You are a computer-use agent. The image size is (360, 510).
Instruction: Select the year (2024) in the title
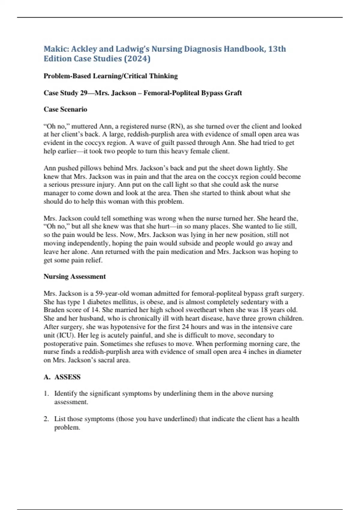tap(137, 58)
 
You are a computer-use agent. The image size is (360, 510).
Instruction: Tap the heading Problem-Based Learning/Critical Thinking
tap(110, 76)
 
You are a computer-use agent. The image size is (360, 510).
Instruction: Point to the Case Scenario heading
tap(65, 109)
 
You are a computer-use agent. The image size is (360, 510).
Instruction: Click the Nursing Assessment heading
tap(75, 276)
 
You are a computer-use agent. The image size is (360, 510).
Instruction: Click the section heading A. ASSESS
tap(62, 377)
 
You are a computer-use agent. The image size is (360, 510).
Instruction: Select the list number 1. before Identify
tap(46, 394)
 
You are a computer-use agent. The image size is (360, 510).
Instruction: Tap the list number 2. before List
tap(46, 419)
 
